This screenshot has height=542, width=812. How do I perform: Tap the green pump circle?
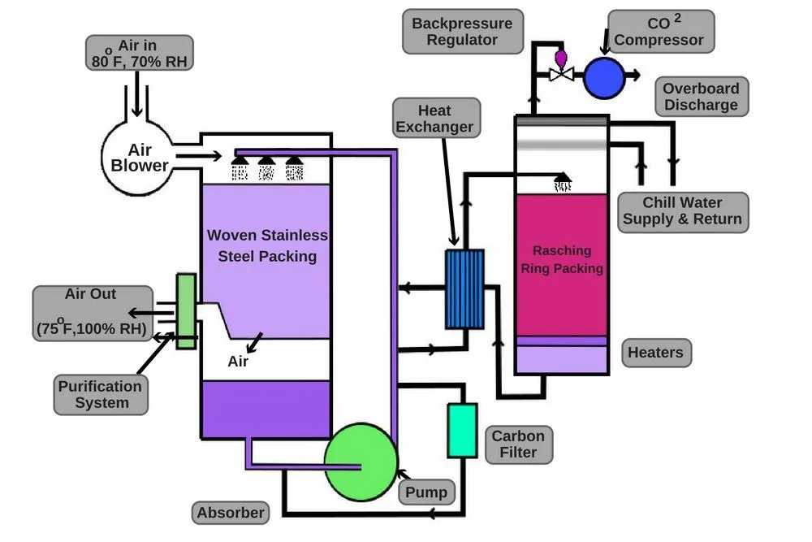coord(361,462)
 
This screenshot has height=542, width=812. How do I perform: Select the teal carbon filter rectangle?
coord(461,429)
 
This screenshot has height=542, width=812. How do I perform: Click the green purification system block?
coord(185,312)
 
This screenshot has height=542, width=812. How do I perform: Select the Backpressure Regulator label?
coord(461,32)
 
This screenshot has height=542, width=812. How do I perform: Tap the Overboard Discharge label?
coord(700,97)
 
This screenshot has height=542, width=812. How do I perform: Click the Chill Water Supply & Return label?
coord(682,210)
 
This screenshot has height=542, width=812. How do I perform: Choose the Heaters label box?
coord(656,353)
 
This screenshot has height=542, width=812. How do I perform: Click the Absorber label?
coord(231,512)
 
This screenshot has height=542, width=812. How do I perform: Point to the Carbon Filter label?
coord(519,444)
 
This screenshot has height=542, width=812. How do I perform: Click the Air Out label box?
coord(91,311)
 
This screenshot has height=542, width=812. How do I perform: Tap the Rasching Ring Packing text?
coord(562,259)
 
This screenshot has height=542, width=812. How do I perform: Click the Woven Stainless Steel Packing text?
coord(267,245)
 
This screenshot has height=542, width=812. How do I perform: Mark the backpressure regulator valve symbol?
coord(561,72)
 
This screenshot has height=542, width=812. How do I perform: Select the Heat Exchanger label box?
coord(434,118)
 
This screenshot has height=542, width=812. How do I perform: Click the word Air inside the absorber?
coord(238,361)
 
